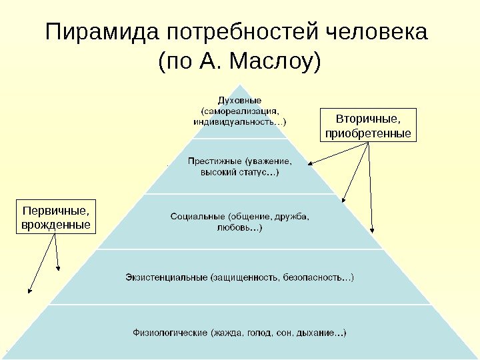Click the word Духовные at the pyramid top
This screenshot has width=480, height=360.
(239, 100)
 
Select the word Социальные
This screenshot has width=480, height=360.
(198, 216)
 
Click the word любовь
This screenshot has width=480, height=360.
(233, 228)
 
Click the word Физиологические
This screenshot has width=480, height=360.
(170, 331)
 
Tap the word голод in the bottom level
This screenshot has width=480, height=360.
(261, 331)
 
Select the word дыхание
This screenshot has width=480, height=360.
(321, 331)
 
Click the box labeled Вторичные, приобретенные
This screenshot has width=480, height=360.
(368, 126)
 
